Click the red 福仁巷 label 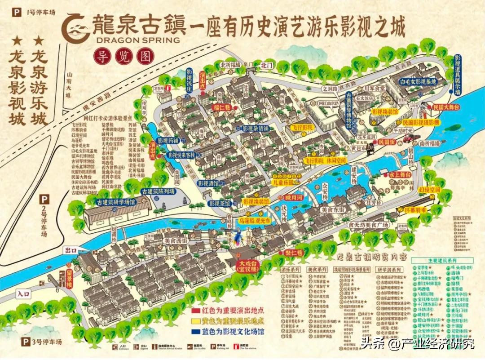pyautogui.click(x=222, y=107)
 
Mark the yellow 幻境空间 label pyautogui.click(x=429, y=190)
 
